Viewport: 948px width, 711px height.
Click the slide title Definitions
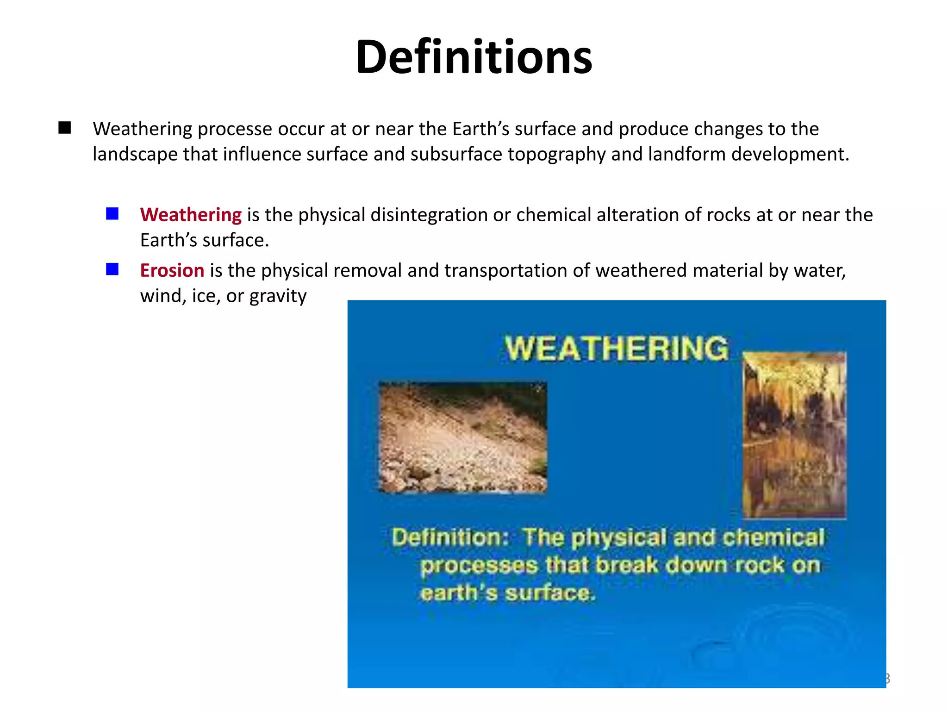[474, 57]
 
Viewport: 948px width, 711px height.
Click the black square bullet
[65, 128]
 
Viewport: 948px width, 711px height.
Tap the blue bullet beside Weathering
[112, 214]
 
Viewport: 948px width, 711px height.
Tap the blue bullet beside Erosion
[112, 269]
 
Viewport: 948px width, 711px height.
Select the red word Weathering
[191, 215]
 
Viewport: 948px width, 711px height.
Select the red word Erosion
[172, 270]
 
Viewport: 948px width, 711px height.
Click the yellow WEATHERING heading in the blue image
[616, 348]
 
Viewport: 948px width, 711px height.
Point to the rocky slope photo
[462, 437]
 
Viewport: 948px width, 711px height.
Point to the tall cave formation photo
[794, 435]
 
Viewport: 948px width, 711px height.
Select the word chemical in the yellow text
[773, 538]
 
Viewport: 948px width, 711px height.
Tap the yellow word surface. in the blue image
[549, 593]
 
